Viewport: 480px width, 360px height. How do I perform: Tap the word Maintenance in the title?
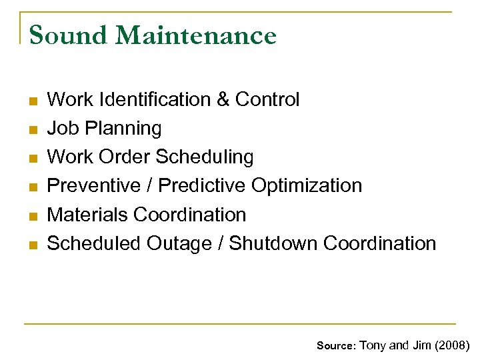point(195,35)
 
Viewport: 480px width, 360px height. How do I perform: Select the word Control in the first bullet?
point(267,99)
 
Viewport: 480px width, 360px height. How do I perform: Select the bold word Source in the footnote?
point(336,345)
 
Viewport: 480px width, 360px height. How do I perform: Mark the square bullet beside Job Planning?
point(33,129)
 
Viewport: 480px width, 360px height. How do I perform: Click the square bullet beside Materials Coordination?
point(33,215)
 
